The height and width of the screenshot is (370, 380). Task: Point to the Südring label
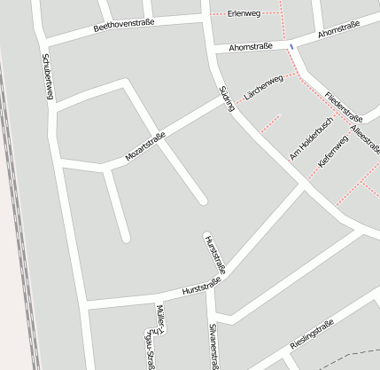[x=226, y=98]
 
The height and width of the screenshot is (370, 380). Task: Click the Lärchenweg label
[x=263, y=88]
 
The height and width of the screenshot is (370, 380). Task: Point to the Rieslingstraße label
[x=311, y=337]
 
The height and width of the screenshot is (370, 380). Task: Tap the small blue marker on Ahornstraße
[x=291, y=46]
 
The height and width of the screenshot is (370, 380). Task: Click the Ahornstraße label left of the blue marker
[x=248, y=46]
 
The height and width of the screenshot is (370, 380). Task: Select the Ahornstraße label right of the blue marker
[x=337, y=33]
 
